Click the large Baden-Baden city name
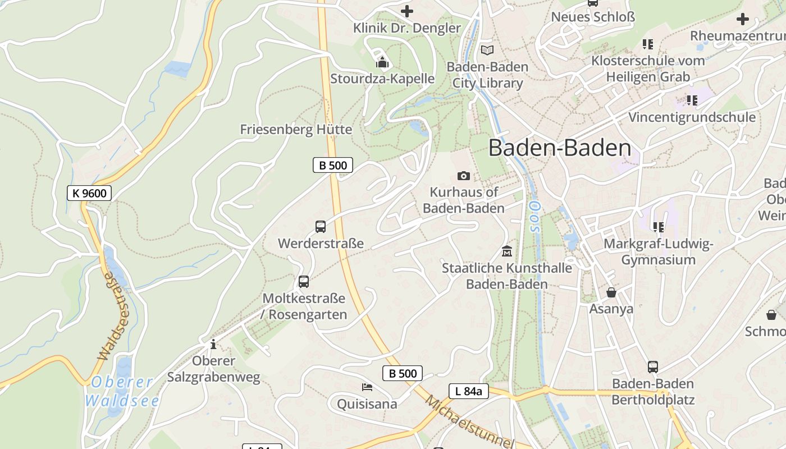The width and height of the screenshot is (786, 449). (560, 148)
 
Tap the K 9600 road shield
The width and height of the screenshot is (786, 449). (90, 193)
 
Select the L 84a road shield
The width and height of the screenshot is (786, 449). (468, 391)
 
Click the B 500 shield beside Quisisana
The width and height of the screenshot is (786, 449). (403, 373)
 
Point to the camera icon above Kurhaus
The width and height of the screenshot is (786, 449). (463, 176)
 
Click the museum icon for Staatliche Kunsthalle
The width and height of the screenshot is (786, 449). (507, 251)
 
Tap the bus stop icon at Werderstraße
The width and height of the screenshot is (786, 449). (321, 227)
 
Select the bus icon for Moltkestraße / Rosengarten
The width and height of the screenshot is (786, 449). (304, 282)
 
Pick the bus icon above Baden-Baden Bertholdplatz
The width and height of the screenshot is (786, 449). (653, 367)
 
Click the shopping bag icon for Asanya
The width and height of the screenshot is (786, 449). (611, 292)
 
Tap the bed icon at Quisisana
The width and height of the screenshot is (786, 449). (367, 387)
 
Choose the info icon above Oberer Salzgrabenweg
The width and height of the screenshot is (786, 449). (213, 343)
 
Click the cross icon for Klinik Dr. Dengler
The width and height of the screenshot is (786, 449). (407, 11)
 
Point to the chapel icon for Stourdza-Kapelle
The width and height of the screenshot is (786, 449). (382, 62)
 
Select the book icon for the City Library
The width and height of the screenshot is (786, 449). (487, 50)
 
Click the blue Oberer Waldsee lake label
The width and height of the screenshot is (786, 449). (122, 391)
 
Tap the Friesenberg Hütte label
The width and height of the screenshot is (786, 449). (296, 130)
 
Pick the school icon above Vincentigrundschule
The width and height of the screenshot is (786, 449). (692, 100)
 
